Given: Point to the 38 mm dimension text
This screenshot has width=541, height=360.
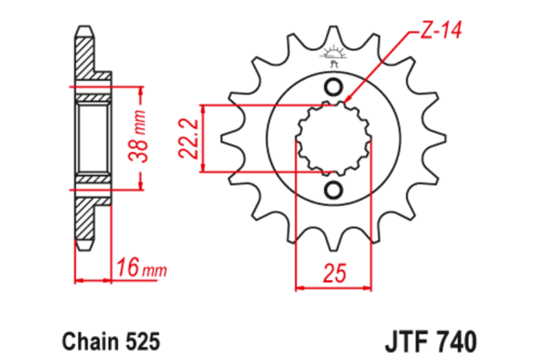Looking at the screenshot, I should pyautogui.click(x=139, y=138).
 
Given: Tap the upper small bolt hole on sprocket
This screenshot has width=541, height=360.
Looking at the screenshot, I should pyautogui.click(x=335, y=87).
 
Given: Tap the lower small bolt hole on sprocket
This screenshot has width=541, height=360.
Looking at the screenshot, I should pyautogui.click(x=335, y=190).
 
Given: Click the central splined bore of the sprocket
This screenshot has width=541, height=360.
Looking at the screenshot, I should pyautogui.click(x=335, y=138).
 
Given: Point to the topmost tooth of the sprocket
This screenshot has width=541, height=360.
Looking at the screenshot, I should pyautogui.click(x=335, y=34).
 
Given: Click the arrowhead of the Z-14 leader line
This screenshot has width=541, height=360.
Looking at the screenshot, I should pyautogui.click(x=348, y=100).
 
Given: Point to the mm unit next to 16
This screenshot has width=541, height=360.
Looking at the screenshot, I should pyautogui.click(x=156, y=270).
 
